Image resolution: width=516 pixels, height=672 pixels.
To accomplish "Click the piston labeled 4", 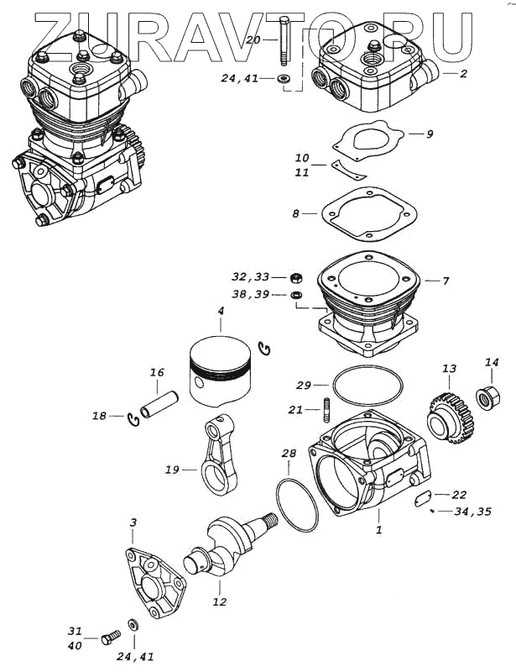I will click(x=220, y=370).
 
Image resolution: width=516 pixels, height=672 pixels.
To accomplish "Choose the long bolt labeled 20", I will click(x=284, y=42).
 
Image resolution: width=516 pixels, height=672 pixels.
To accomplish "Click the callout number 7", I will click(x=446, y=280).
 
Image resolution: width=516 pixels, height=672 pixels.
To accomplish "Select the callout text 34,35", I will click(x=473, y=511).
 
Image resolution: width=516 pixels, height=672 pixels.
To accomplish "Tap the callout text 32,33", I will click(x=252, y=276).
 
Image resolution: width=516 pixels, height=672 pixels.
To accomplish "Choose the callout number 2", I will click(x=463, y=74).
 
